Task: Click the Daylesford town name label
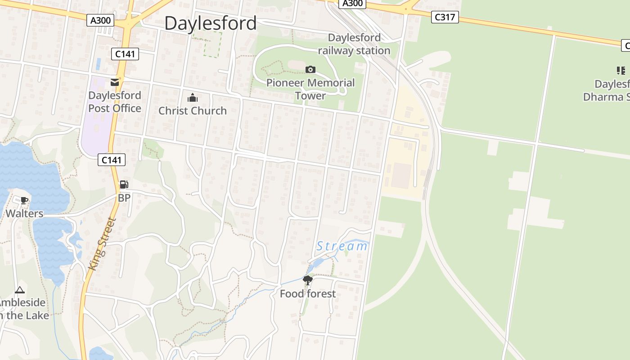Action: point(210,23)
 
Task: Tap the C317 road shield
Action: point(445,17)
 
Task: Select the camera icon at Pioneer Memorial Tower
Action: point(310,69)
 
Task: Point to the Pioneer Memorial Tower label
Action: point(310,89)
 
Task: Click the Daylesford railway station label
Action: point(354,44)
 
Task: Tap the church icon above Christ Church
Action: point(193,98)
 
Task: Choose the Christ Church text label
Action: point(193,111)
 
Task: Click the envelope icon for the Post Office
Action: point(115,82)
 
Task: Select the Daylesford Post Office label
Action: point(115,102)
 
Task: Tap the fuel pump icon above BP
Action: point(124,184)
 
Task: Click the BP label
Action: point(124,198)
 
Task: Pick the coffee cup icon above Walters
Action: point(24,200)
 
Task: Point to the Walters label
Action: point(24,213)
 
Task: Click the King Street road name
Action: point(103,243)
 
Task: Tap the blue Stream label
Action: point(342,246)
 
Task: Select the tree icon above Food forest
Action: point(308,280)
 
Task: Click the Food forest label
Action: point(308,294)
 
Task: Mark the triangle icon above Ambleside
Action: point(19,290)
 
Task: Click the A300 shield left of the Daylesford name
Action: point(100,20)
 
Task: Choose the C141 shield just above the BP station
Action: point(112,160)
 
